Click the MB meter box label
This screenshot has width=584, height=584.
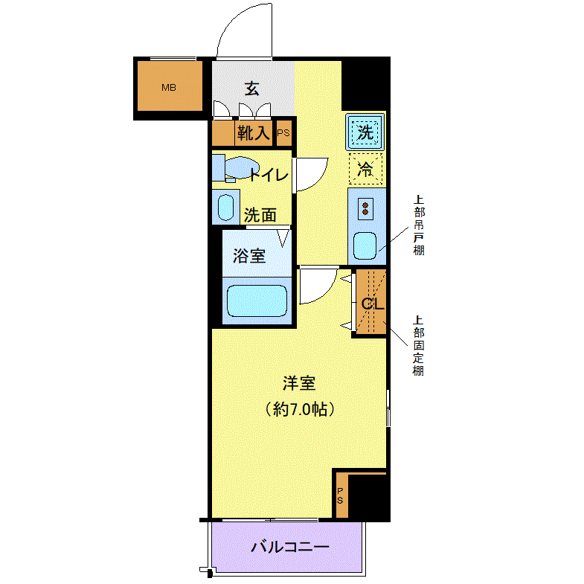point(169,88)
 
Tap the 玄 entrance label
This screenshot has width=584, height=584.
point(251,89)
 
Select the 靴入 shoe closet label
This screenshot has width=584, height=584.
point(253,132)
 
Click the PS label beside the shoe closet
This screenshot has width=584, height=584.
point(283,133)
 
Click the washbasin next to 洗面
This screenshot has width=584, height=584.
point(225,208)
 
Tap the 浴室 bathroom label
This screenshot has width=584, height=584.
point(249,255)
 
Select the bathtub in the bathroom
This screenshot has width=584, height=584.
point(257,301)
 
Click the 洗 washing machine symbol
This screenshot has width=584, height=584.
point(365,132)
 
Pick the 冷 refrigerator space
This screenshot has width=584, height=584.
point(365,169)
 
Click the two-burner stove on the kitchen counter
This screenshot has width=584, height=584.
point(365,209)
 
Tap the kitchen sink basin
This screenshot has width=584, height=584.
point(365,246)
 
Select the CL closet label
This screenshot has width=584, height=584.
point(373,304)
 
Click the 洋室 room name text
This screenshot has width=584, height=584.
point(299,383)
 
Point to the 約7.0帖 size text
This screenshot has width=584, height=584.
point(300,409)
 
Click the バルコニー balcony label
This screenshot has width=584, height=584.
point(289,547)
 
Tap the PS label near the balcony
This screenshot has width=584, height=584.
point(340,495)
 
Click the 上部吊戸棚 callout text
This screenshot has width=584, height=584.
point(419,225)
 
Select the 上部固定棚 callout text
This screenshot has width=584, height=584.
point(419,346)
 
